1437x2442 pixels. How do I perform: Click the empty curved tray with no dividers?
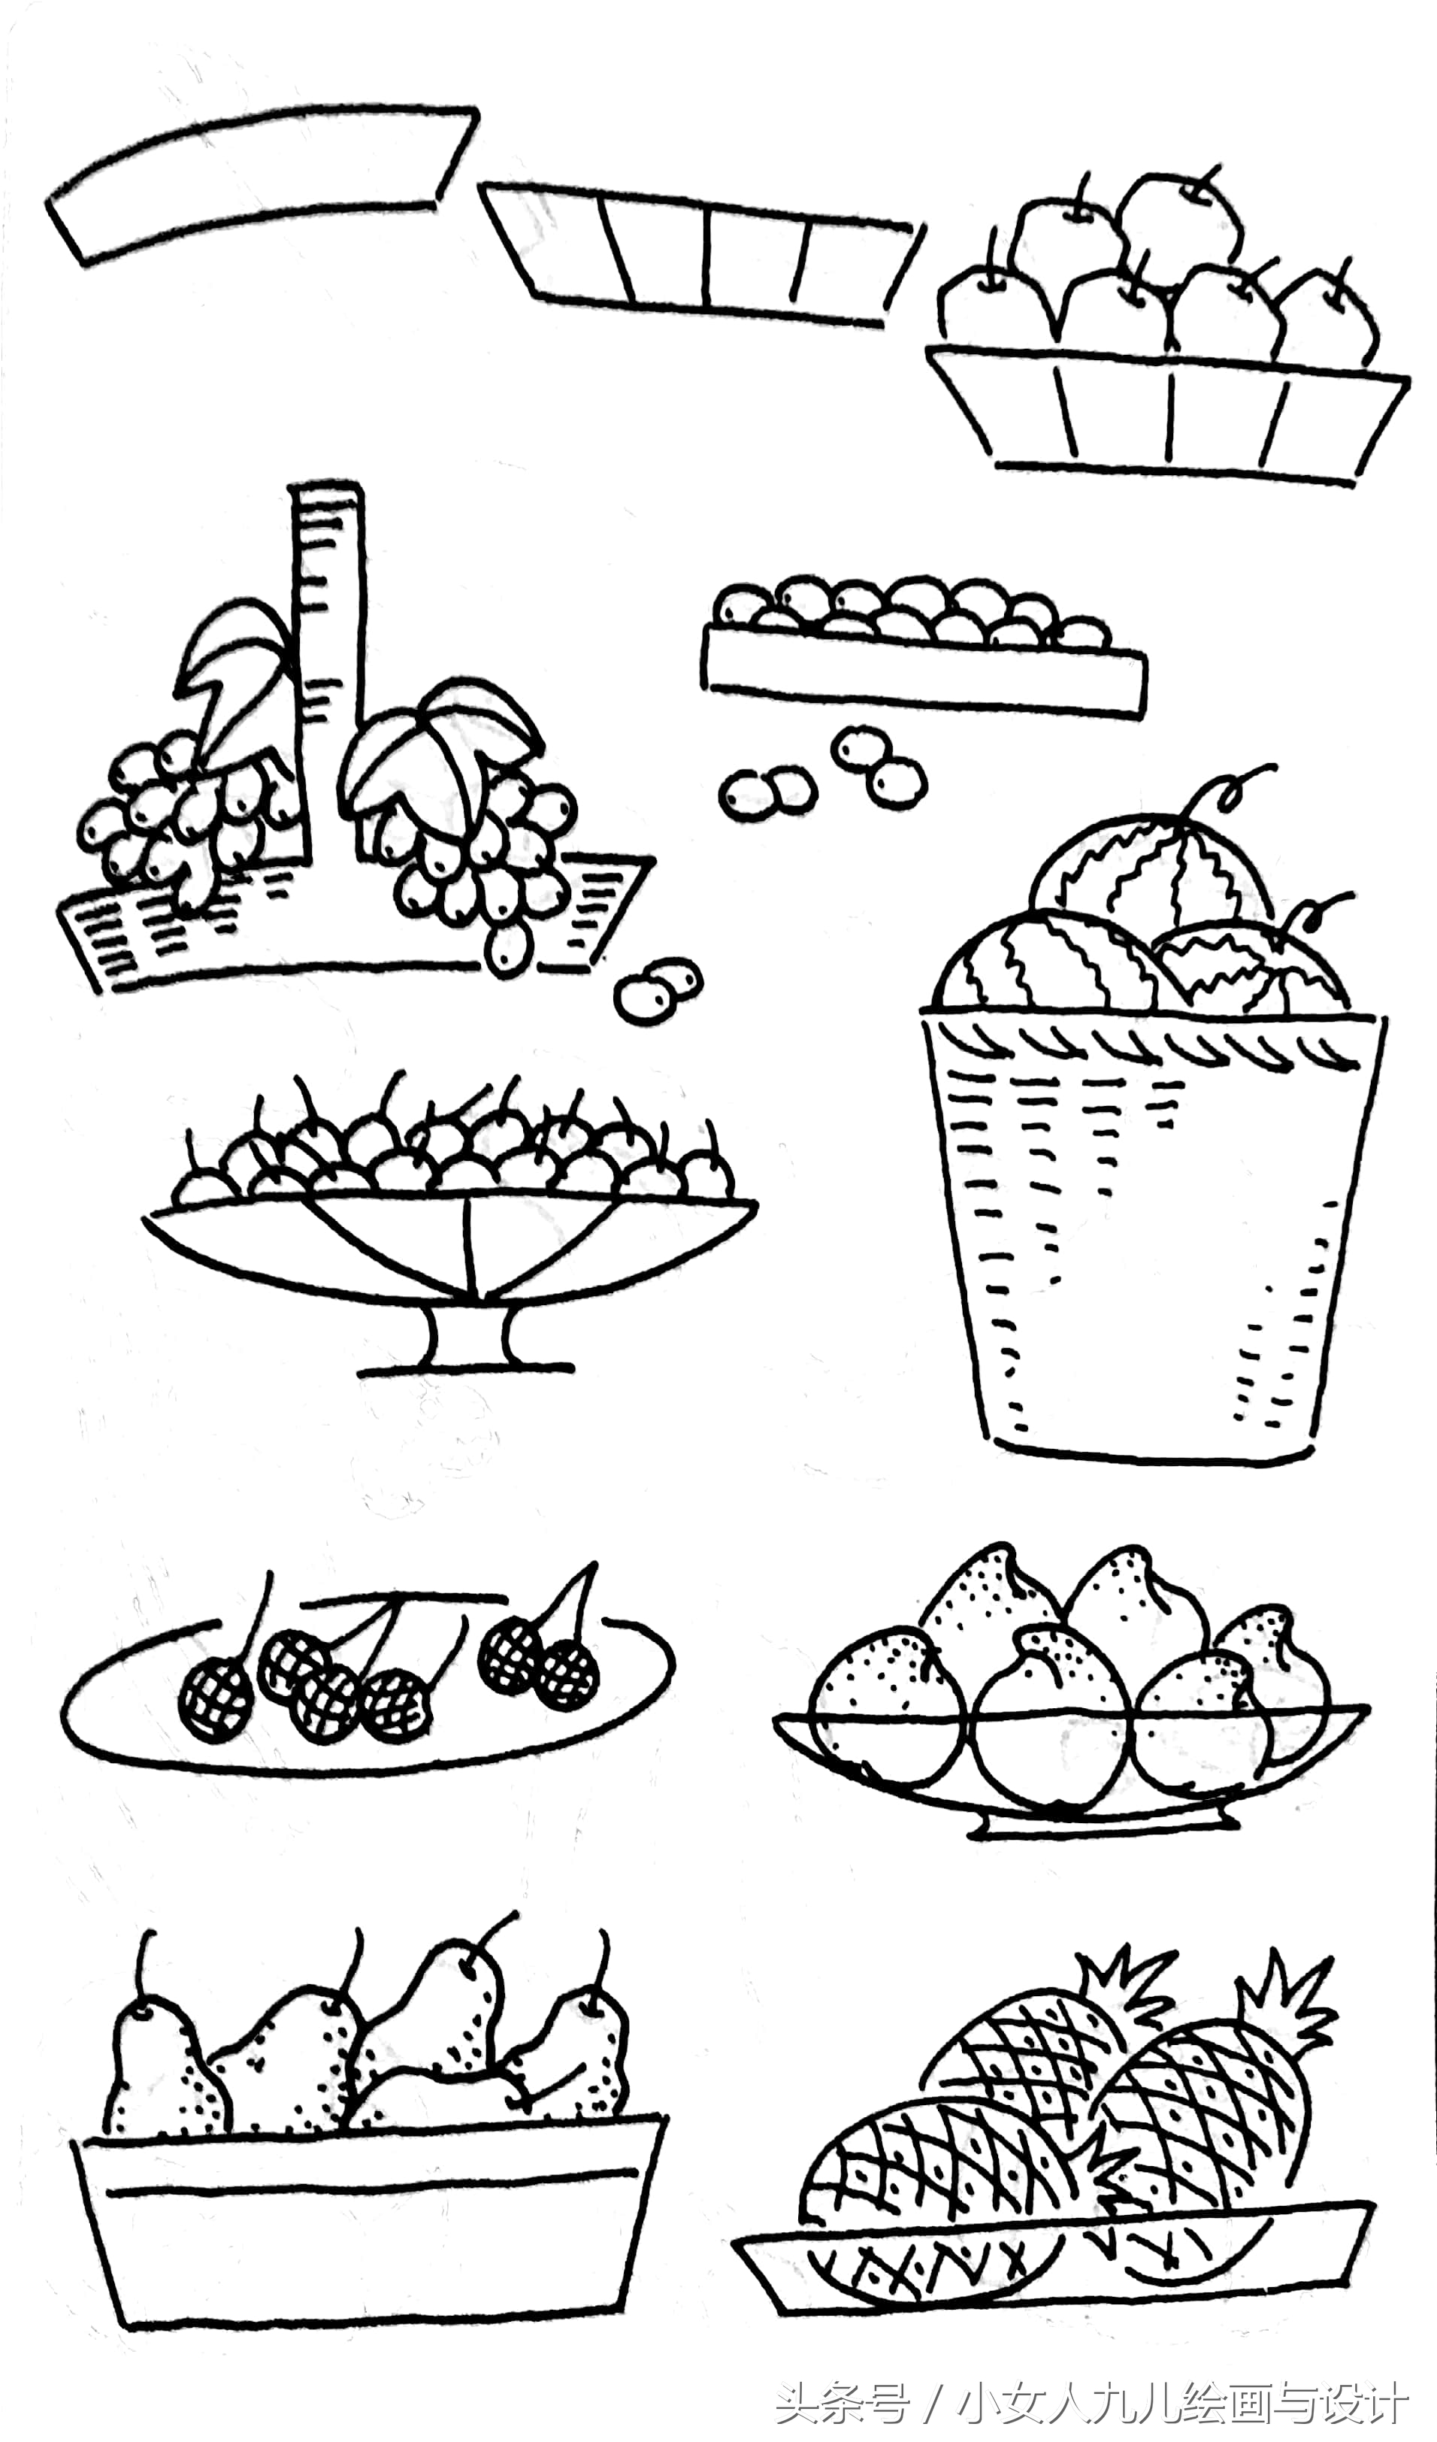click(x=262, y=184)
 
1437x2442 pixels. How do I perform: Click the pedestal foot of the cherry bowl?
click(x=468, y=1342)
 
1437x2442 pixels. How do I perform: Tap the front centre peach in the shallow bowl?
click(x=1051, y=1735)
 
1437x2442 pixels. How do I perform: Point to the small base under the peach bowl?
click(x=1105, y=1827)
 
